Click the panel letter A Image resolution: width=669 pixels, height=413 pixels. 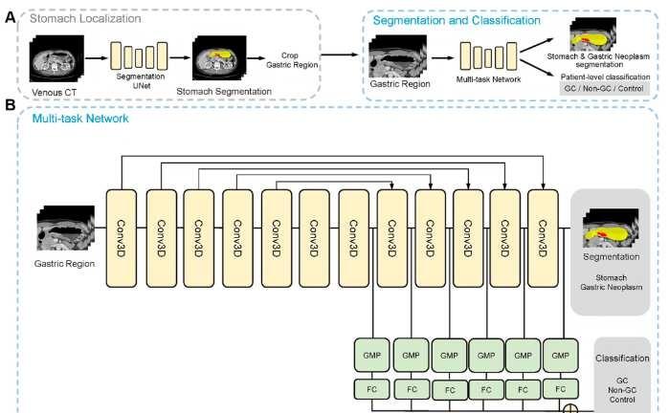point(10,18)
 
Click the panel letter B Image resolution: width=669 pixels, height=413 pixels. point(10,105)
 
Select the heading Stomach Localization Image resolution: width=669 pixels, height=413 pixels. point(85,19)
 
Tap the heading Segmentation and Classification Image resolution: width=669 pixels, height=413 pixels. point(457,20)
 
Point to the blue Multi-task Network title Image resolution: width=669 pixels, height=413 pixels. point(80,119)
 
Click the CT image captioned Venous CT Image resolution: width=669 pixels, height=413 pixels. point(56,58)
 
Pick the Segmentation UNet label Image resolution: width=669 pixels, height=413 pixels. point(141,81)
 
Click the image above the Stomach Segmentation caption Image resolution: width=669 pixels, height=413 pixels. point(219,58)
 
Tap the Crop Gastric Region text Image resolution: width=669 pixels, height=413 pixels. point(292,60)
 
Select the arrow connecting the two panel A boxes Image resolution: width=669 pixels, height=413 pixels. point(340,54)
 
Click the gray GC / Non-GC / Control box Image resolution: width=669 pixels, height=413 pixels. point(604,89)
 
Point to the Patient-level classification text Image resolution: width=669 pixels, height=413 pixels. point(605,77)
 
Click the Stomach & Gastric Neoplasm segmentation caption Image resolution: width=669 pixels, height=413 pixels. point(598,60)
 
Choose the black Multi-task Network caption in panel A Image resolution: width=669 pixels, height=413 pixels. point(488,79)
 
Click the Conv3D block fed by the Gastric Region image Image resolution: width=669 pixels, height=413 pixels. point(122,238)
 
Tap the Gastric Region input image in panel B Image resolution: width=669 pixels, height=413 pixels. point(66,228)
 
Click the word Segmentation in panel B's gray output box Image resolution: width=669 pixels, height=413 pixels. point(611,257)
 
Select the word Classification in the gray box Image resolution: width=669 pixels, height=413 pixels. point(622,359)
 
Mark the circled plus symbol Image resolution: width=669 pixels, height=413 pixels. point(570,410)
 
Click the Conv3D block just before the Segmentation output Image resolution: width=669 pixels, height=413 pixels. point(543,238)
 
